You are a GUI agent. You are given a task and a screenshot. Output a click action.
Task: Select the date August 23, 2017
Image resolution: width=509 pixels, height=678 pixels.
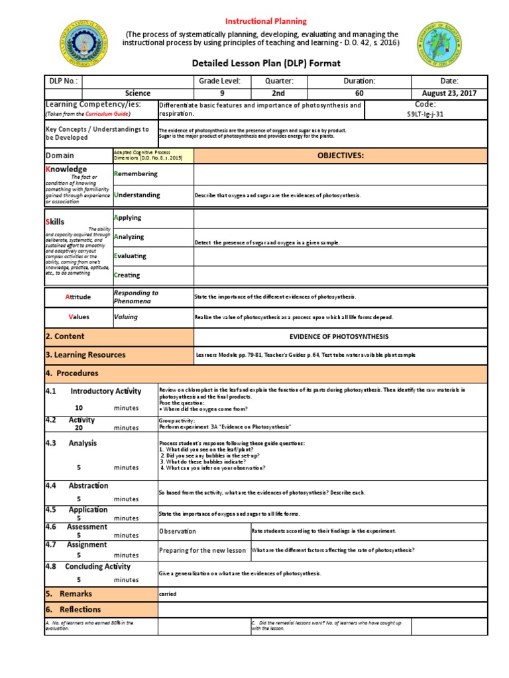tap(449, 93)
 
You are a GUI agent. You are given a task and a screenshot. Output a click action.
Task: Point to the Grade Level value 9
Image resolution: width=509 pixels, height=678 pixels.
tap(222, 93)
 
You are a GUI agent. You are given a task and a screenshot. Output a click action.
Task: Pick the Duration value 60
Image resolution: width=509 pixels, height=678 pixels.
tap(359, 93)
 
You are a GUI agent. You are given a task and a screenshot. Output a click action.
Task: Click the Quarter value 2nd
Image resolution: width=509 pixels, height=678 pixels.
tap(278, 93)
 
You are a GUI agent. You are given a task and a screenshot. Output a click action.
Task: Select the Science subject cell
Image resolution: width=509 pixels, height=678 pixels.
tap(138, 93)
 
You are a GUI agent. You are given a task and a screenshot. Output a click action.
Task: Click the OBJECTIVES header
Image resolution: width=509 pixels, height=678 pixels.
tap(341, 156)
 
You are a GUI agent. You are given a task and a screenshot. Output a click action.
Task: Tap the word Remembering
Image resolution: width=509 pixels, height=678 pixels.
tap(136, 174)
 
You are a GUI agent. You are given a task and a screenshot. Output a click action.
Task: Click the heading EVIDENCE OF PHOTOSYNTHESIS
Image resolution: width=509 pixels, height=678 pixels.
tap(339, 337)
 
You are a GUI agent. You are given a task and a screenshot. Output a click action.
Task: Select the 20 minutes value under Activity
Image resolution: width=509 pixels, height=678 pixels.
tap(79, 428)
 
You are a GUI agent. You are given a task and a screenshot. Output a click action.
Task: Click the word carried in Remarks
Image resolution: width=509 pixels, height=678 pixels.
tap(168, 594)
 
